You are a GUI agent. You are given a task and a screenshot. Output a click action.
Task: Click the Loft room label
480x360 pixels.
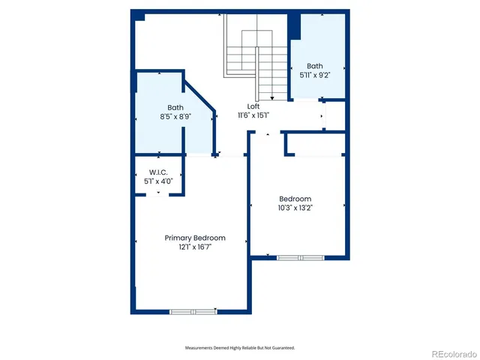pos(253,106)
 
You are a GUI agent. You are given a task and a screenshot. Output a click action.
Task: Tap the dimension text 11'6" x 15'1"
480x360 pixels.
pos(253,115)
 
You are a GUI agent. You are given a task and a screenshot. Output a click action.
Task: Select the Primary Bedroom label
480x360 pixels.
pos(195,238)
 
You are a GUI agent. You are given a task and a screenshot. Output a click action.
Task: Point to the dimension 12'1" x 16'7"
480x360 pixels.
pos(195,247)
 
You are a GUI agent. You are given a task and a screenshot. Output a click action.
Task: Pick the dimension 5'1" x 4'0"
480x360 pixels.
pos(158,181)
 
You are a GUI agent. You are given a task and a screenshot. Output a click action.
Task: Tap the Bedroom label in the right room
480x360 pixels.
pos(295,199)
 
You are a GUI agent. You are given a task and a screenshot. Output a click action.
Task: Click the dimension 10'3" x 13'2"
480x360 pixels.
pos(295,208)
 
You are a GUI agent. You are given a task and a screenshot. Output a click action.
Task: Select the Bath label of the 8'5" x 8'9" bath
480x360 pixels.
pos(175,107)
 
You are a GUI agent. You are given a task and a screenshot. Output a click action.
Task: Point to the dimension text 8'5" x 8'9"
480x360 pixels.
pos(175,117)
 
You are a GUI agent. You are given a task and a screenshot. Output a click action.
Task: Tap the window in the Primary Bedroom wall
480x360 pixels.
pos(193,310)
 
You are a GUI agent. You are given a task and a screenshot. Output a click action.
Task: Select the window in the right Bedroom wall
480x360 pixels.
pos(300,257)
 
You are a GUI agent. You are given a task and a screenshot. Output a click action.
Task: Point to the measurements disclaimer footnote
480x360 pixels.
pos(240,348)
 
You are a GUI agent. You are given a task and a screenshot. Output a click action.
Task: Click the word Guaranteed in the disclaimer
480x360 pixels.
pos(282,348)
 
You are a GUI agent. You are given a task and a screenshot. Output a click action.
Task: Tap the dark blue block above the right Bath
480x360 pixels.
pos(295,26)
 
